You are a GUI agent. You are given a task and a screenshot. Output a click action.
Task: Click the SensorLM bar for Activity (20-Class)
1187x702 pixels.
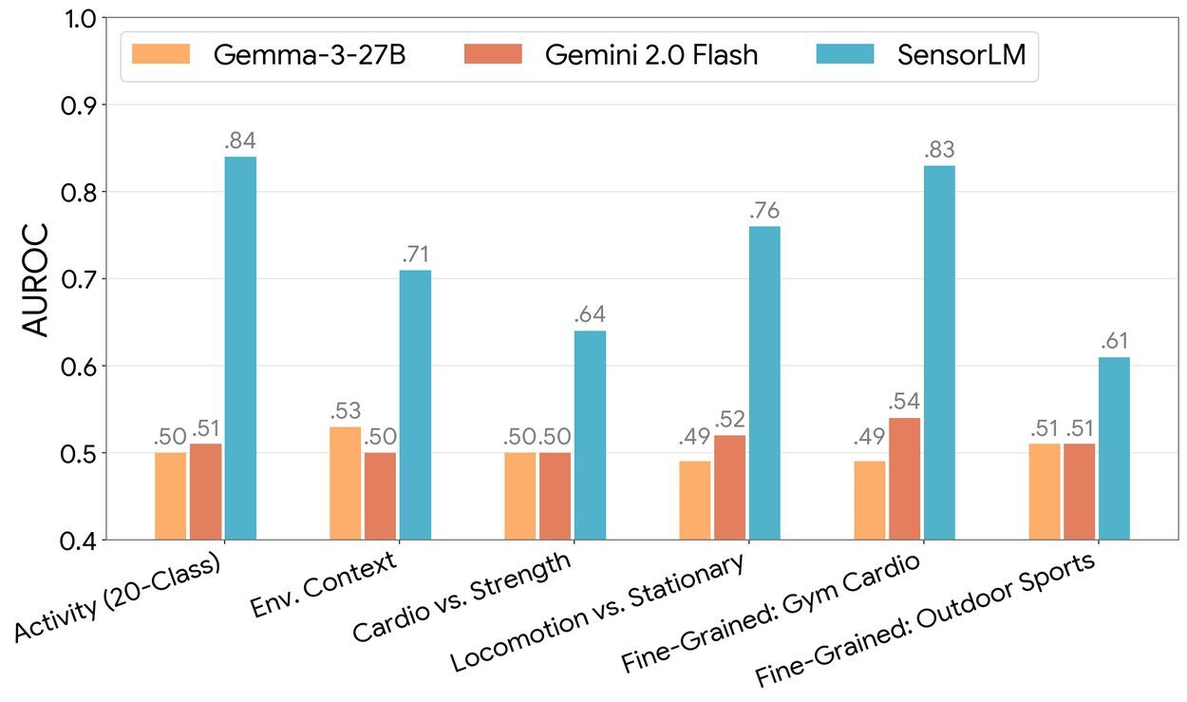tap(240, 348)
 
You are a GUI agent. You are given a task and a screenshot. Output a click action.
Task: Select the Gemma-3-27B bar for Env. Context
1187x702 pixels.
tap(345, 484)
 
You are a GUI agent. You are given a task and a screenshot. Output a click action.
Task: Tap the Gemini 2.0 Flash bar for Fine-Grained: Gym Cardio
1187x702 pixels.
tap(904, 479)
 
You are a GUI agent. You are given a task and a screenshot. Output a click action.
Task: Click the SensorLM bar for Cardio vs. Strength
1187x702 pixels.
tap(590, 435)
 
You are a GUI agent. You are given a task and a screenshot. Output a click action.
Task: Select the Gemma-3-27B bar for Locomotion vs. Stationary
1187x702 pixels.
tap(694, 501)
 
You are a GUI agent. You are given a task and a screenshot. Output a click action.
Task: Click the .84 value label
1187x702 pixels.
tap(240, 142)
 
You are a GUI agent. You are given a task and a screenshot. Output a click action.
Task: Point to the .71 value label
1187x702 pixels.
tap(415, 256)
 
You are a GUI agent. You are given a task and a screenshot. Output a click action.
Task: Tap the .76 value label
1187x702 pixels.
tap(764, 211)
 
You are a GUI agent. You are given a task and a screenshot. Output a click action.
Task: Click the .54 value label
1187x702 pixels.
tap(904, 403)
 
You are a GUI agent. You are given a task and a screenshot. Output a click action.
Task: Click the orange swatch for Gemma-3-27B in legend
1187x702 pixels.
tap(161, 54)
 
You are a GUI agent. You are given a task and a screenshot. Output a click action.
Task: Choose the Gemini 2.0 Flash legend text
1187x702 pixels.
tap(651, 55)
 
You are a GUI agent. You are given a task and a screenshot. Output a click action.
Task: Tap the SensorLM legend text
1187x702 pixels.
tap(961, 55)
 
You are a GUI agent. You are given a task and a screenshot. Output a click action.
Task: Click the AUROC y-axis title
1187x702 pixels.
tap(35, 280)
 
